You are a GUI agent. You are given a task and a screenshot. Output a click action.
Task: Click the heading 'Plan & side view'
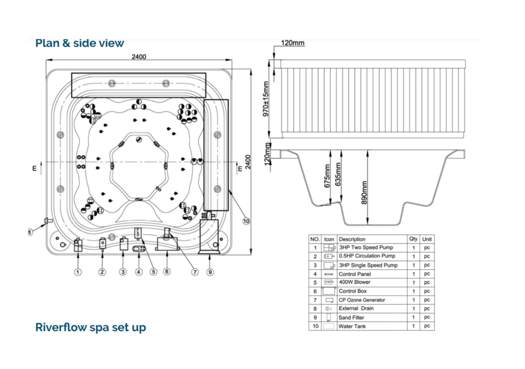point(79,43)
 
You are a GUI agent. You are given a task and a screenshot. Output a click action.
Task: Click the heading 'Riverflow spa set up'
point(90,327)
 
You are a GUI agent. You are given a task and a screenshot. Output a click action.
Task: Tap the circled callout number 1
point(78,271)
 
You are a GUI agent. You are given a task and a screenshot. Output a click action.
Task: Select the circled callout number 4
point(138,271)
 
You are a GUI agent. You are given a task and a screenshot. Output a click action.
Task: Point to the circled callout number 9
point(209,271)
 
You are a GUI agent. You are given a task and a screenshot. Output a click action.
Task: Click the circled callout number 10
point(246,221)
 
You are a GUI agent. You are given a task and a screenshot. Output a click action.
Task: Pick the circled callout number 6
point(167,271)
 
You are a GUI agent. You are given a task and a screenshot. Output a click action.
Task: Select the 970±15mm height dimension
point(266,99)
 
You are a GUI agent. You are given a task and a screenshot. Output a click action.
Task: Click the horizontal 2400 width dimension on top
point(139,57)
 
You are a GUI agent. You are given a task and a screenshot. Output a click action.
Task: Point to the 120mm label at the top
point(292,43)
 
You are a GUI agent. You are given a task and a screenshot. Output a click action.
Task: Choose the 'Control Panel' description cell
point(355,273)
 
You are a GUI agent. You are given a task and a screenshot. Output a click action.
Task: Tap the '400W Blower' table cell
point(355,282)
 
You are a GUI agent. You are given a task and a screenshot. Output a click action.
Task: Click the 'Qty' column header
point(413,239)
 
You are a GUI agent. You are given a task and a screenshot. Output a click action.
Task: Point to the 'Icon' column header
point(329,239)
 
